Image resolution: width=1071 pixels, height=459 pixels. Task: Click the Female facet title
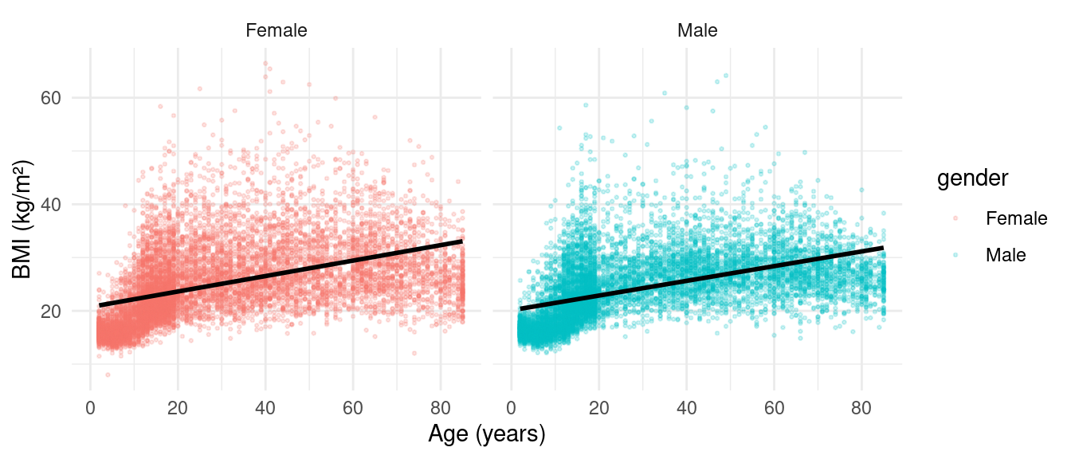click(277, 31)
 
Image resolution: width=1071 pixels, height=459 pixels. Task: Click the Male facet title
click(697, 31)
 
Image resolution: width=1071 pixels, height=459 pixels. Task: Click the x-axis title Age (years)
click(486, 434)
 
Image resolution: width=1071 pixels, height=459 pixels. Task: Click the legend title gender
click(973, 180)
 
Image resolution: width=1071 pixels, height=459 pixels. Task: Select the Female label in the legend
click(1016, 218)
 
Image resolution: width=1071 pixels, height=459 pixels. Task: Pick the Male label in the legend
click(1006, 255)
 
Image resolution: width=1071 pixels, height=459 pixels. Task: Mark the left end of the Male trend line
click(520, 308)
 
